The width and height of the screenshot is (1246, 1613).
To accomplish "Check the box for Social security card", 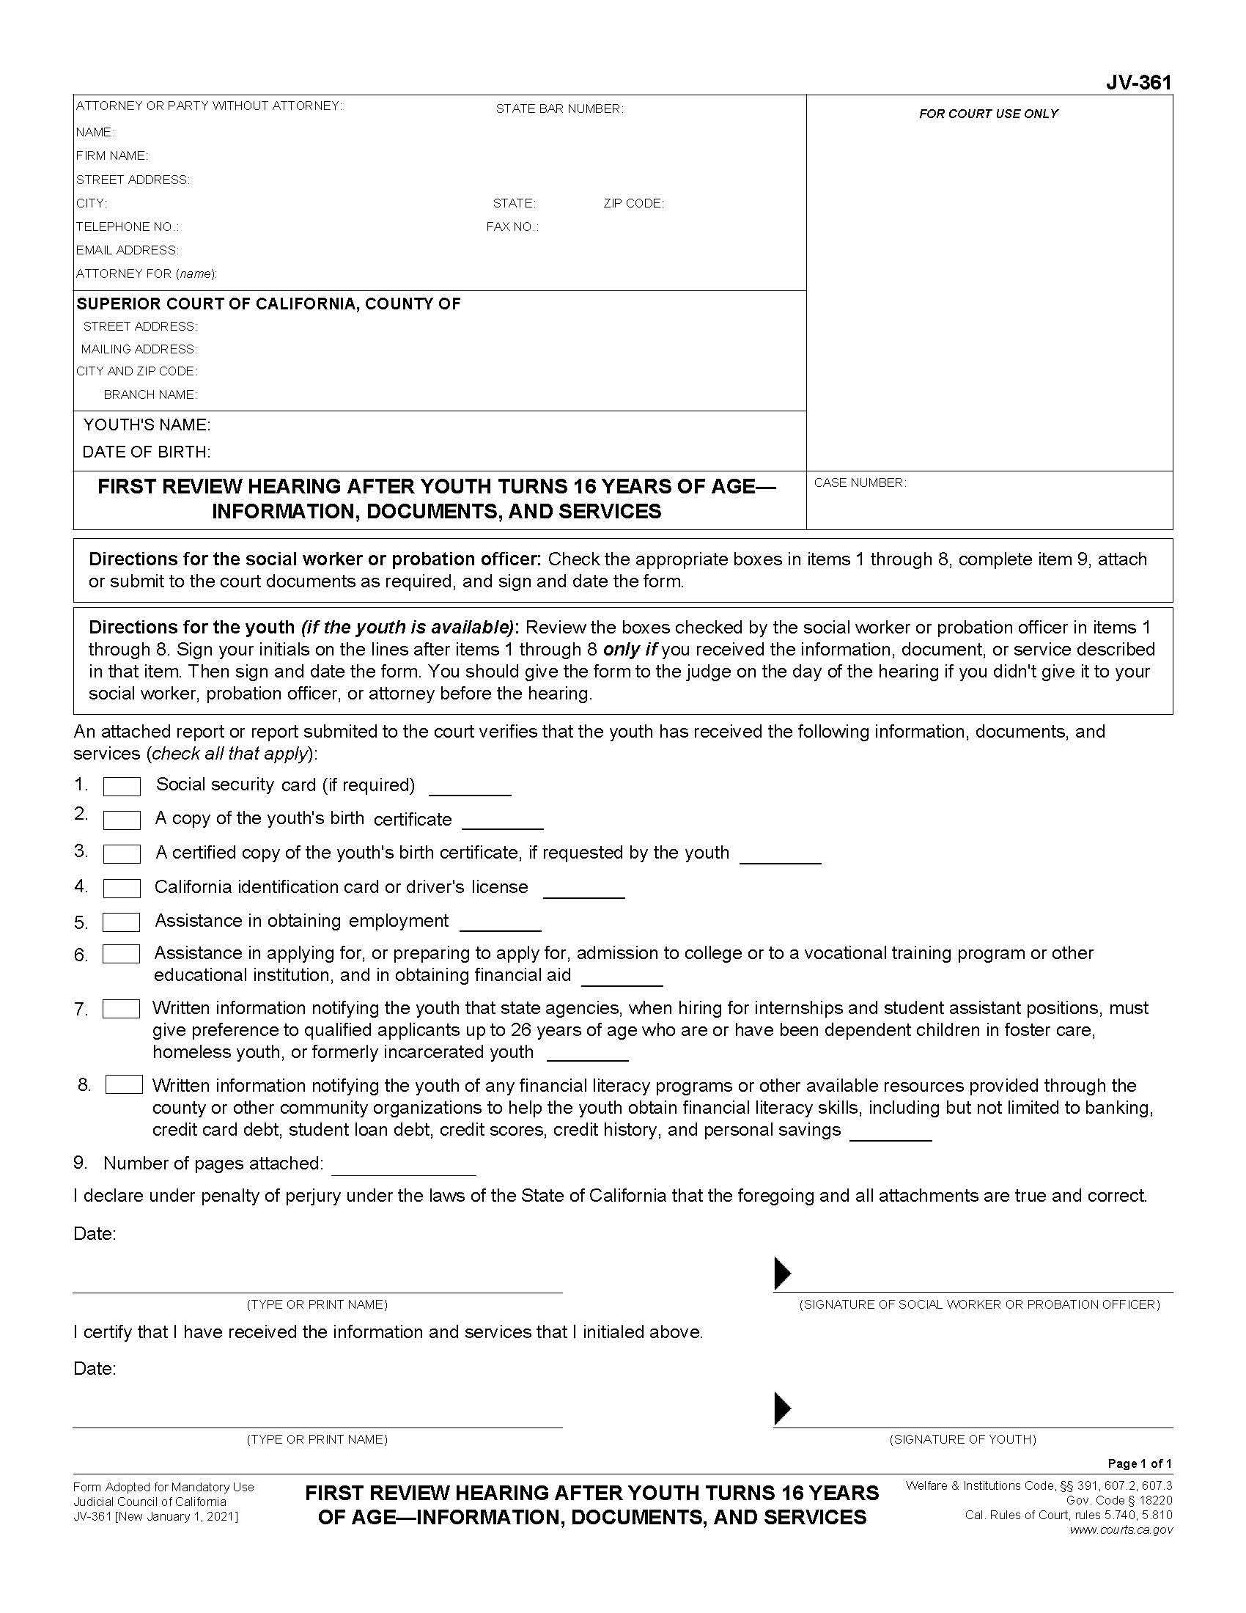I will click(x=122, y=787).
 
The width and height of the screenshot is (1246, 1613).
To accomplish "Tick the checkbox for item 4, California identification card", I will click(x=122, y=889).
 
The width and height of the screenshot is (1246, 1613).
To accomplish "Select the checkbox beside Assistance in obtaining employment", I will click(x=121, y=922).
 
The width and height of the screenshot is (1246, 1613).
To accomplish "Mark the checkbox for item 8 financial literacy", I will click(x=124, y=1084).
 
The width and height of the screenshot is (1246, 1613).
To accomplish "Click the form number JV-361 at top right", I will click(x=1138, y=83).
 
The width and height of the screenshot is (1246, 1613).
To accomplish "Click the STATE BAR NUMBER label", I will click(x=559, y=109).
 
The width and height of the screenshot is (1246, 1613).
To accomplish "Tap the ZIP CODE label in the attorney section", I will click(x=633, y=204).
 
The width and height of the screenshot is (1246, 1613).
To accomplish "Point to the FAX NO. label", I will click(x=512, y=227).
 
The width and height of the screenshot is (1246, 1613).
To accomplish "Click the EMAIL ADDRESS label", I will click(x=127, y=250).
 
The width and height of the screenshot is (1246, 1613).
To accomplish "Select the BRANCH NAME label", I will click(x=150, y=395).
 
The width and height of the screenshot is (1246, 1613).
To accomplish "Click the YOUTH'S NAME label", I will click(x=147, y=425).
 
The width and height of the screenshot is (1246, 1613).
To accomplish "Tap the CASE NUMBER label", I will click(x=860, y=483).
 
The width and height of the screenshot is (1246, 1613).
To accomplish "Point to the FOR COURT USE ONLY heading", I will click(x=989, y=114).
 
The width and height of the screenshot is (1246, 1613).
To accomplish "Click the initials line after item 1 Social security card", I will click(x=471, y=788).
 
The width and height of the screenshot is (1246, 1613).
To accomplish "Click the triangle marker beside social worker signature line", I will click(x=782, y=1273).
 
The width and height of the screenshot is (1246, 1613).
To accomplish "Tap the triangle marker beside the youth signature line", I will click(x=782, y=1408).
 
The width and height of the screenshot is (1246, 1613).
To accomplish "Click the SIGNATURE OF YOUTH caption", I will click(x=962, y=1439).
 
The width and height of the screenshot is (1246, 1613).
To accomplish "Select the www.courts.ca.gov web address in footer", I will click(x=1121, y=1529).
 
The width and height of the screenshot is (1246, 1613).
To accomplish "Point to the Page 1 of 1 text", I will click(x=1140, y=1464).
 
